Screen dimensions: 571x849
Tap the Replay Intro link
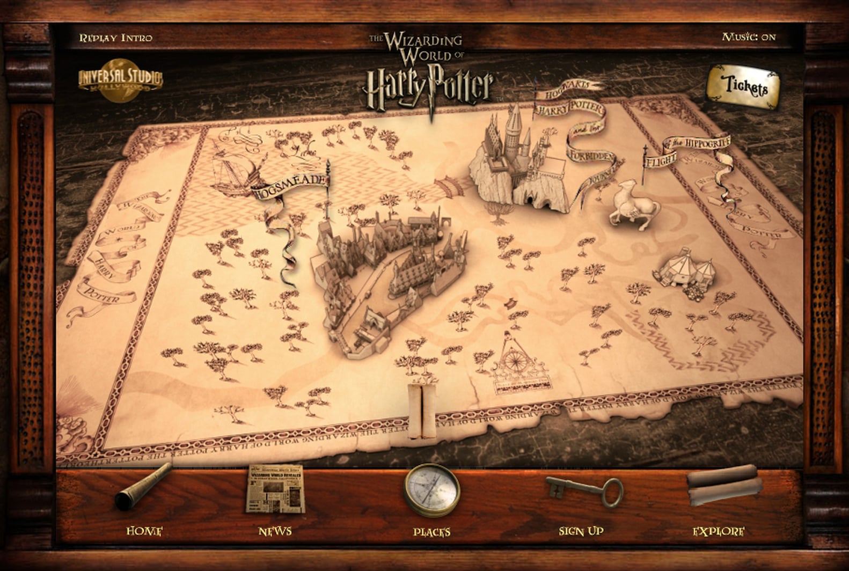coord(116,38)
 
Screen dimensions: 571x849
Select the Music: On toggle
coord(749,37)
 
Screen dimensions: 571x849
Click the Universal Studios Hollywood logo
coord(120,79)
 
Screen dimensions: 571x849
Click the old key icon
coord(585,489)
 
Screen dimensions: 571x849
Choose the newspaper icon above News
coord(275,489)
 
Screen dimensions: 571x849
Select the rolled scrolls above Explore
coord(724,485)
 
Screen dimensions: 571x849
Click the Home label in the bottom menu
coord(144,531)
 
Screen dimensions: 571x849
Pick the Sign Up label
coord(581,531)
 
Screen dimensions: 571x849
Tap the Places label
coord(431,532)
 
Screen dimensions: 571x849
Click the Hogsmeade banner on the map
coord(290,185)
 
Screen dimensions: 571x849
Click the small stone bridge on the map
coord(450,186)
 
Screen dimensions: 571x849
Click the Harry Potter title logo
coord(428,86)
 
